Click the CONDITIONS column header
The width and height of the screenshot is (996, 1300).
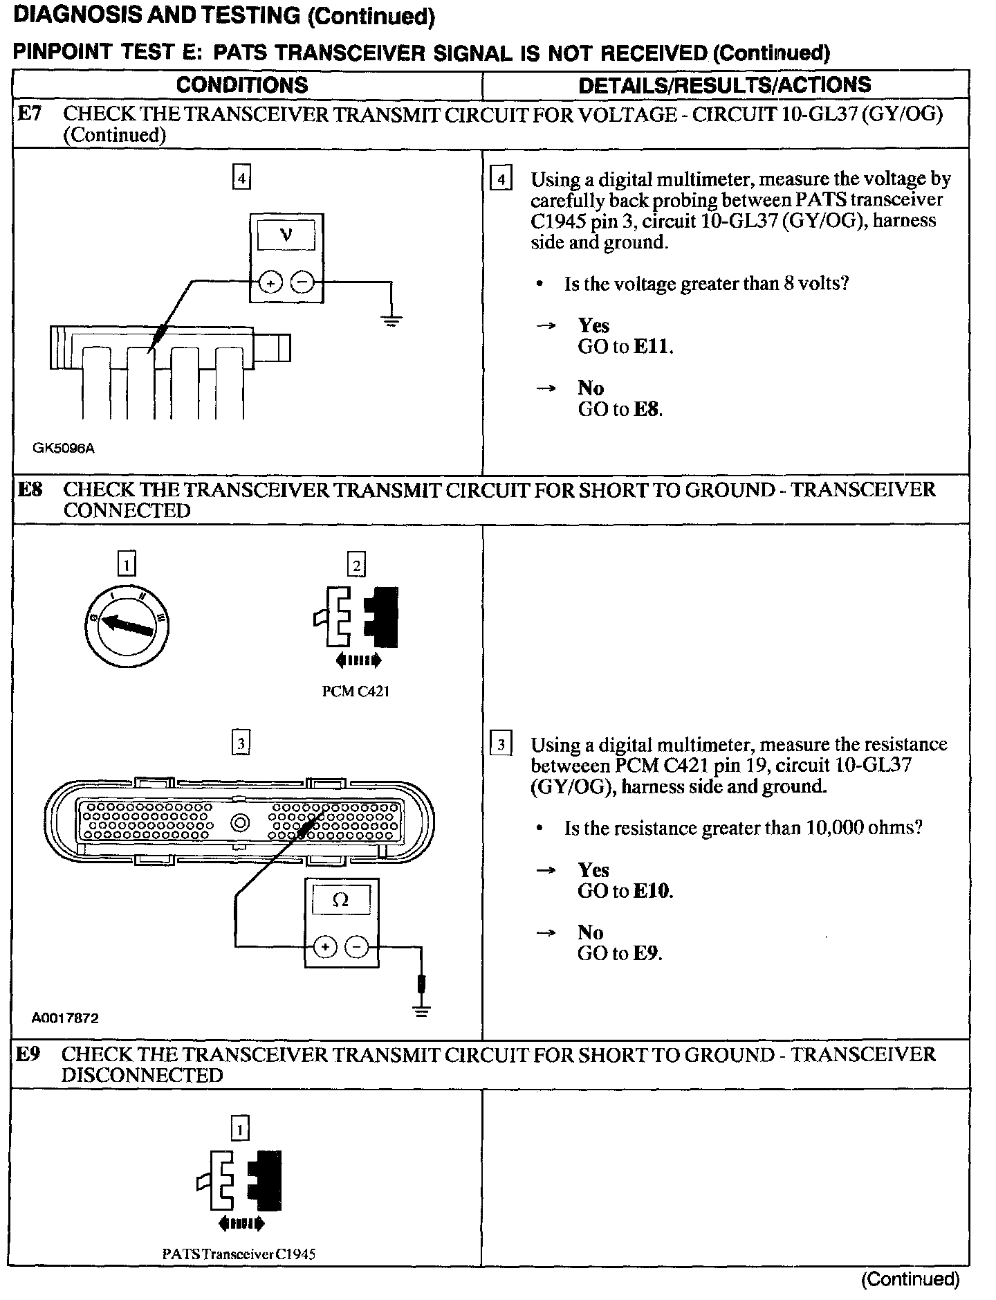(241, 85)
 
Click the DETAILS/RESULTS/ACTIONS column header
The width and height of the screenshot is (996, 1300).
(724, 85)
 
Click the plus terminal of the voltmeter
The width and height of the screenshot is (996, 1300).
(270, 282)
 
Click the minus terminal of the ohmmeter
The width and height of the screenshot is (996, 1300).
(356, 946)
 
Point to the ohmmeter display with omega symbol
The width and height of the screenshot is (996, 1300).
(341, 901)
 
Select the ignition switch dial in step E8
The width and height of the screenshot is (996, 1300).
(126, 626)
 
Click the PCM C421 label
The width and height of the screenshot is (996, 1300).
(356, 692)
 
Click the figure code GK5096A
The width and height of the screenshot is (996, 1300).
(64, 448)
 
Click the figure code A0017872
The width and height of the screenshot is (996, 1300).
(65, 1018)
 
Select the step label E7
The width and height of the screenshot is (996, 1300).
(29, 114)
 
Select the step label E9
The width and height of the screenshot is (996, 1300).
(28, 1054)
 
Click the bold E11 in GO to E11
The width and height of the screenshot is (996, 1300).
(652, 347)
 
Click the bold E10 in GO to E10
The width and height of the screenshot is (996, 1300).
(652, 891)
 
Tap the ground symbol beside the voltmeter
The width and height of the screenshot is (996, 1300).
(391, 320)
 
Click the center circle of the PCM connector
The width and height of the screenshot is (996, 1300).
(240, 822)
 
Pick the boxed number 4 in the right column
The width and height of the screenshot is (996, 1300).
(500, 180)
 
